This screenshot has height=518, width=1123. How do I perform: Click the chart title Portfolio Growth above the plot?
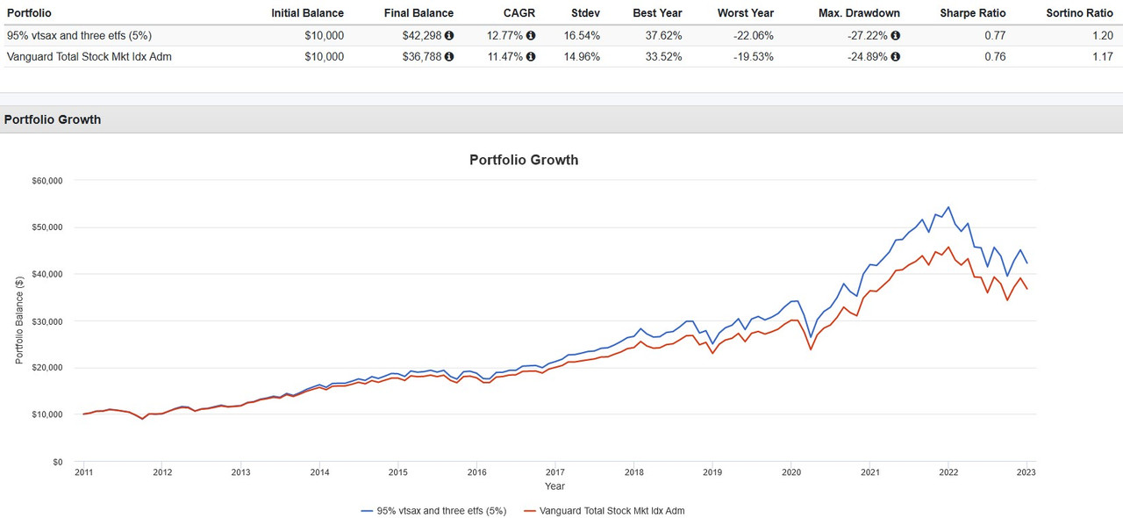pos(524,160)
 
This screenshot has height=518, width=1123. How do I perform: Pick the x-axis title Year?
pos(554,486)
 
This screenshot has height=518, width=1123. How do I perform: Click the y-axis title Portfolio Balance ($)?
pos(19,320)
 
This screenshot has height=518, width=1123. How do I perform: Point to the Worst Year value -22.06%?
pos(753,36)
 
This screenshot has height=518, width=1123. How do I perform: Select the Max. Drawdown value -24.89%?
pos(865,57)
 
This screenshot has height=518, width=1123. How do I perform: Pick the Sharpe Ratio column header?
pos(973,13)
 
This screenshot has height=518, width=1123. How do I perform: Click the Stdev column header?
pos(585,13)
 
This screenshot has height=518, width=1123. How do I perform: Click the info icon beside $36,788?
pos(449,57)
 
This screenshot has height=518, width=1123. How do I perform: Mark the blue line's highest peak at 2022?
pos(948,207)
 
